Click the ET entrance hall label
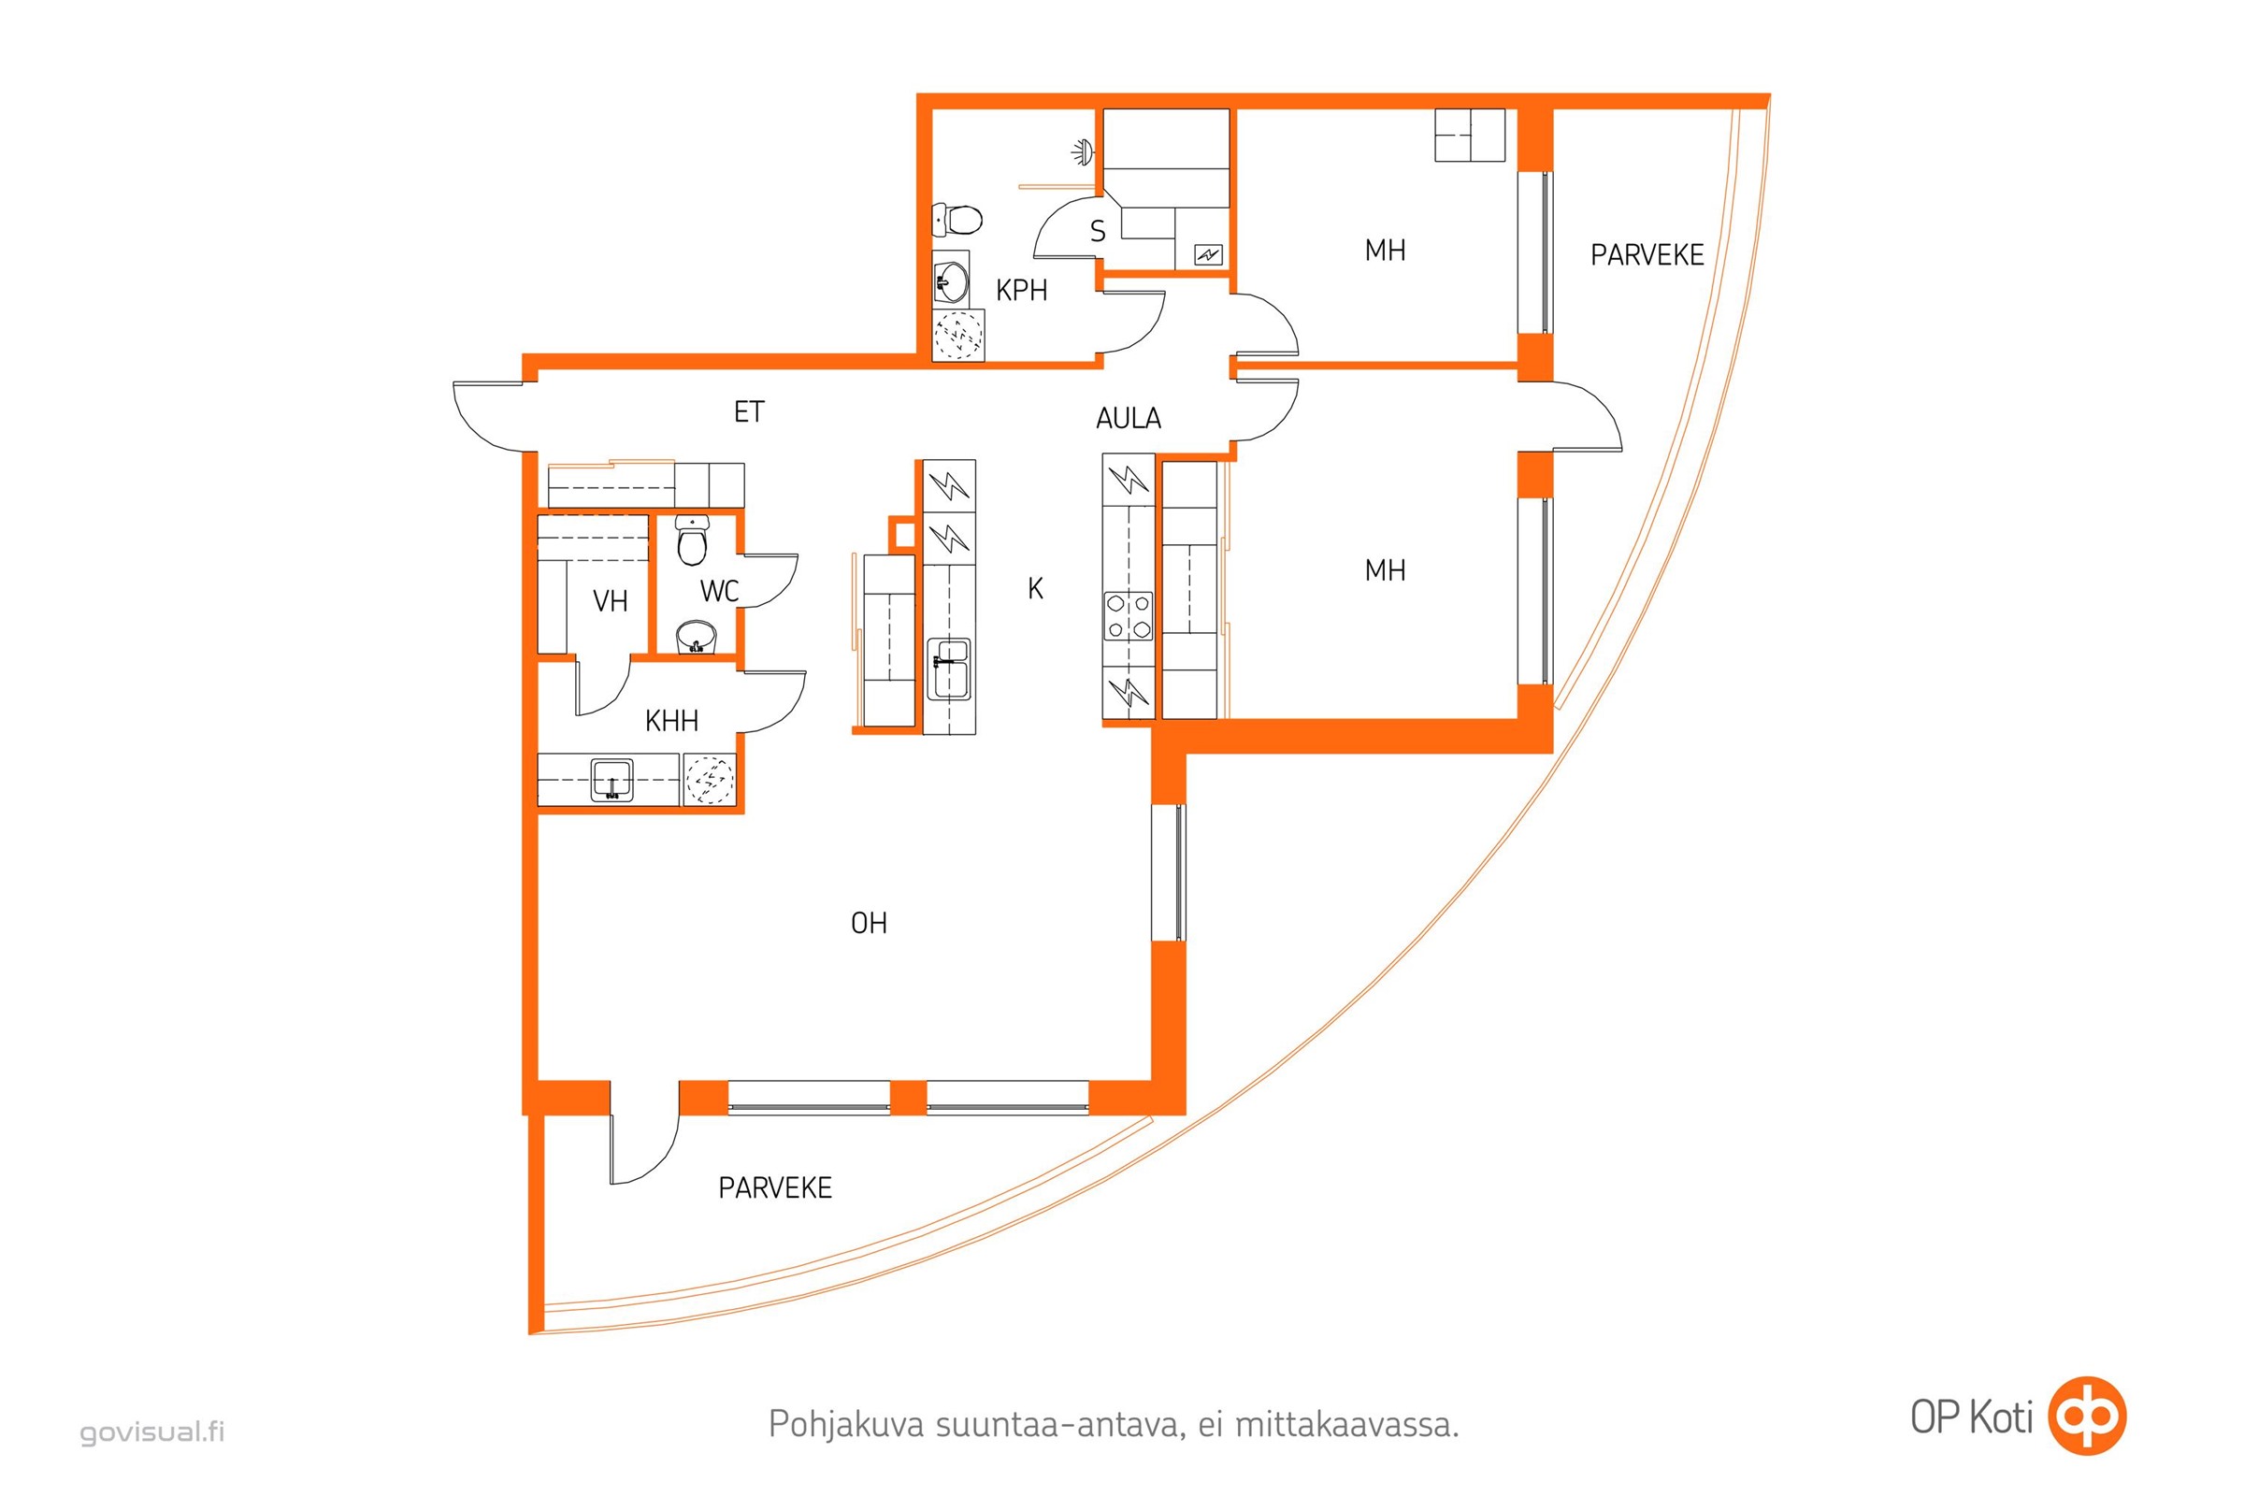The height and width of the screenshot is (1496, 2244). click(749, 412)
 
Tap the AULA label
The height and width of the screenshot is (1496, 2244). click(1129, 418)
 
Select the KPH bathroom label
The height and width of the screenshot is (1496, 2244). click(1021, 290)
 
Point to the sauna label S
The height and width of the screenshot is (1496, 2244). click(1097, 232)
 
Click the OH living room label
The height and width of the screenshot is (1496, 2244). click(870, 923)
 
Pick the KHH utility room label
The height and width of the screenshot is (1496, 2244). click(671, 720)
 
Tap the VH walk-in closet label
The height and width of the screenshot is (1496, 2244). click(611, 601)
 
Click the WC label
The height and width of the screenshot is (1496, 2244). click(719, 592)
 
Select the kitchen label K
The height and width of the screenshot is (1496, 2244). click(1035, 589)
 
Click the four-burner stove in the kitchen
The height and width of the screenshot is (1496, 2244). click(1128, 616)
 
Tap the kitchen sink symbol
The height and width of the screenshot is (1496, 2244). click(949, 669)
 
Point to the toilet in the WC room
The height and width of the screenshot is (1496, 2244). click(692, 541)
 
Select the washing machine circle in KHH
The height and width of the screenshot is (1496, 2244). click(710, 780)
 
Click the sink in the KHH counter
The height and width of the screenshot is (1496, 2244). click(611, 780)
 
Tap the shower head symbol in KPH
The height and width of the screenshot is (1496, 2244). click(1080, 151)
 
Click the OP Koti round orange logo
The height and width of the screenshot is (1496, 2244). click(2089, 1416)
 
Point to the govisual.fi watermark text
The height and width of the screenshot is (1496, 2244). click(152, 1432)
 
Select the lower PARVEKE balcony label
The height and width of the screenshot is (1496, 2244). click(775, 1187)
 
